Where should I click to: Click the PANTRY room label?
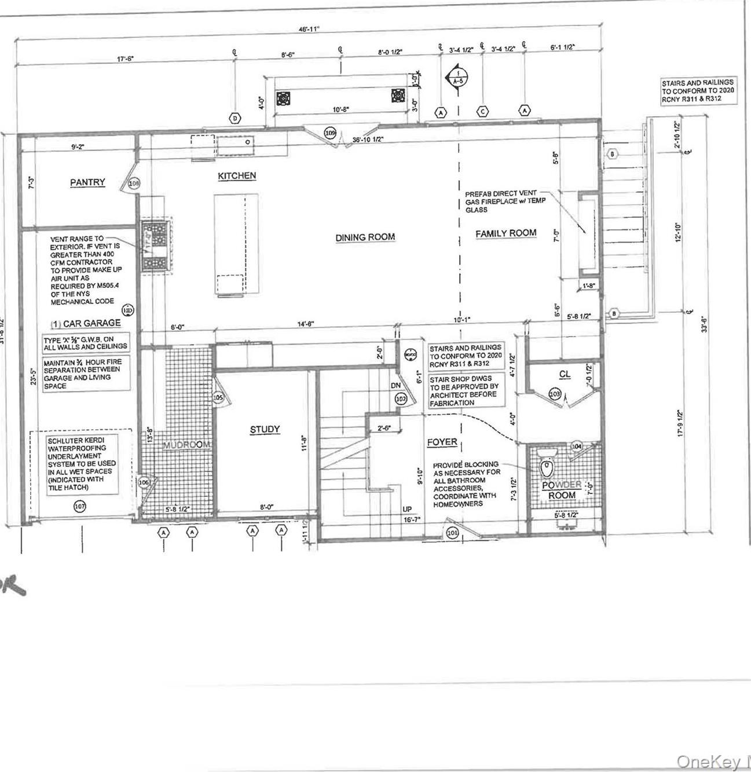pos(87,182)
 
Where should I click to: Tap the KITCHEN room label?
pos(237,176)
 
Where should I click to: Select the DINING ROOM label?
pos(365,237)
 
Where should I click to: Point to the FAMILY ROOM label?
pos(505,233)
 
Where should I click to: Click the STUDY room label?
pos(265,430)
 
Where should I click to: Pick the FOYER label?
pos(442,442)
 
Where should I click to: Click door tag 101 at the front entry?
pos(452,532)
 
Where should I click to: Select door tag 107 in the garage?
pos(80,507)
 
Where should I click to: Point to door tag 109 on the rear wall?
pos(329,133)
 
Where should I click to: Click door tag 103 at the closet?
pos(555,394)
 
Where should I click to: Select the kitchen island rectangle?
pos(236,245)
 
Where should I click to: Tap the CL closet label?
pos(565,375)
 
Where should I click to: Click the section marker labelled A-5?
pos(458,78)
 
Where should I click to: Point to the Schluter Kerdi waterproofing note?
pos(82,464)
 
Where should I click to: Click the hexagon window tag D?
pos(235,118)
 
